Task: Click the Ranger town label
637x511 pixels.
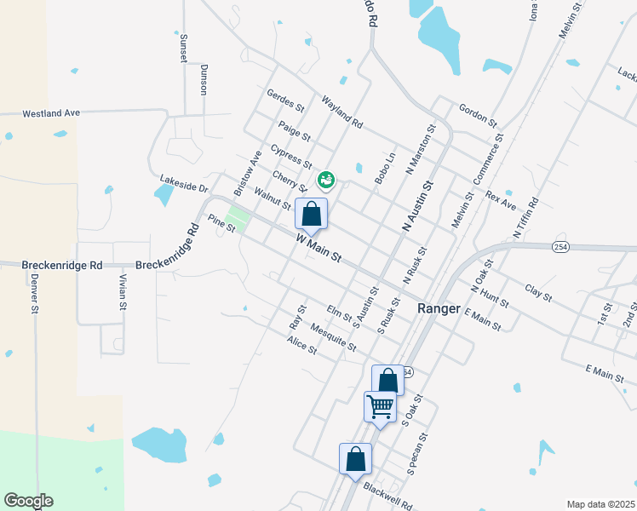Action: point(439,308)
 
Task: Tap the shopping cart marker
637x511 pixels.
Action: point(380,406)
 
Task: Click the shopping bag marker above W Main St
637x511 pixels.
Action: point(311,214)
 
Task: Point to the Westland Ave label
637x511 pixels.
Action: point(51,112)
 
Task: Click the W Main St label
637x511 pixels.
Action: point(318,249)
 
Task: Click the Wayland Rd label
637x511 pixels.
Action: point(341,112)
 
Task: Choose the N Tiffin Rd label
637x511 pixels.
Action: point(526,218)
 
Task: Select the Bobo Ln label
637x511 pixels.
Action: point(385,169)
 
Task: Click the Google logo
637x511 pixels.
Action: point(28,501)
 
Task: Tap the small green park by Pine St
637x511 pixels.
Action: point(239,220)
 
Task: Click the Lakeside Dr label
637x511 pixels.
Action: point(183,184)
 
